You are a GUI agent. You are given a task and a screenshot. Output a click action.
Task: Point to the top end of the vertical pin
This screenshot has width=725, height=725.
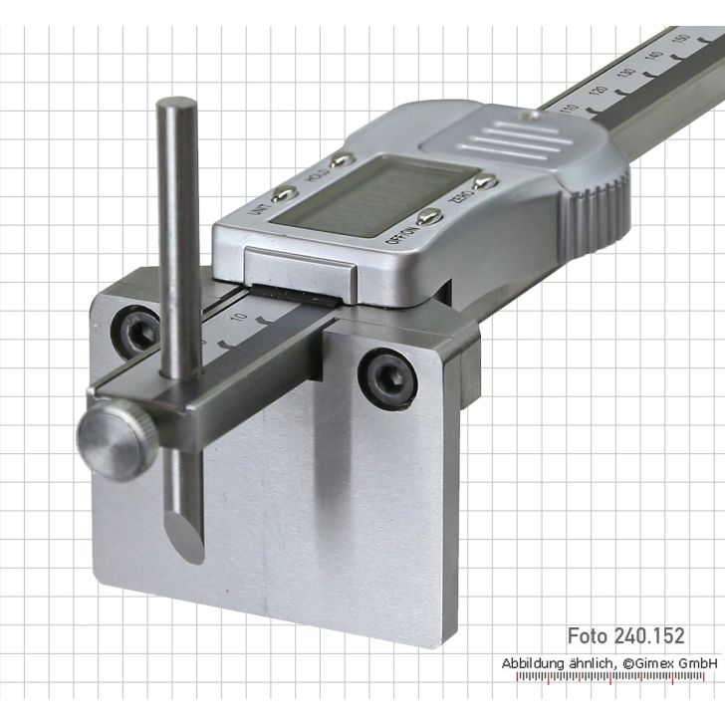pyautogui.click(x=180, y=104)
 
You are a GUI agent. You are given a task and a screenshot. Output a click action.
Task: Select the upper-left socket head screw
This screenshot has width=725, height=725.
pyautogui.click(x=138, y=329)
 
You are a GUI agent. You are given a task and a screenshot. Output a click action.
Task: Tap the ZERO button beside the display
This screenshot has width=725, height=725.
pyautogui.click(x=485, y=181)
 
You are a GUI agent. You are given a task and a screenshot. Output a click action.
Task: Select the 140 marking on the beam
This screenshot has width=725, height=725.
pyautogui.click(x=652, y=57)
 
